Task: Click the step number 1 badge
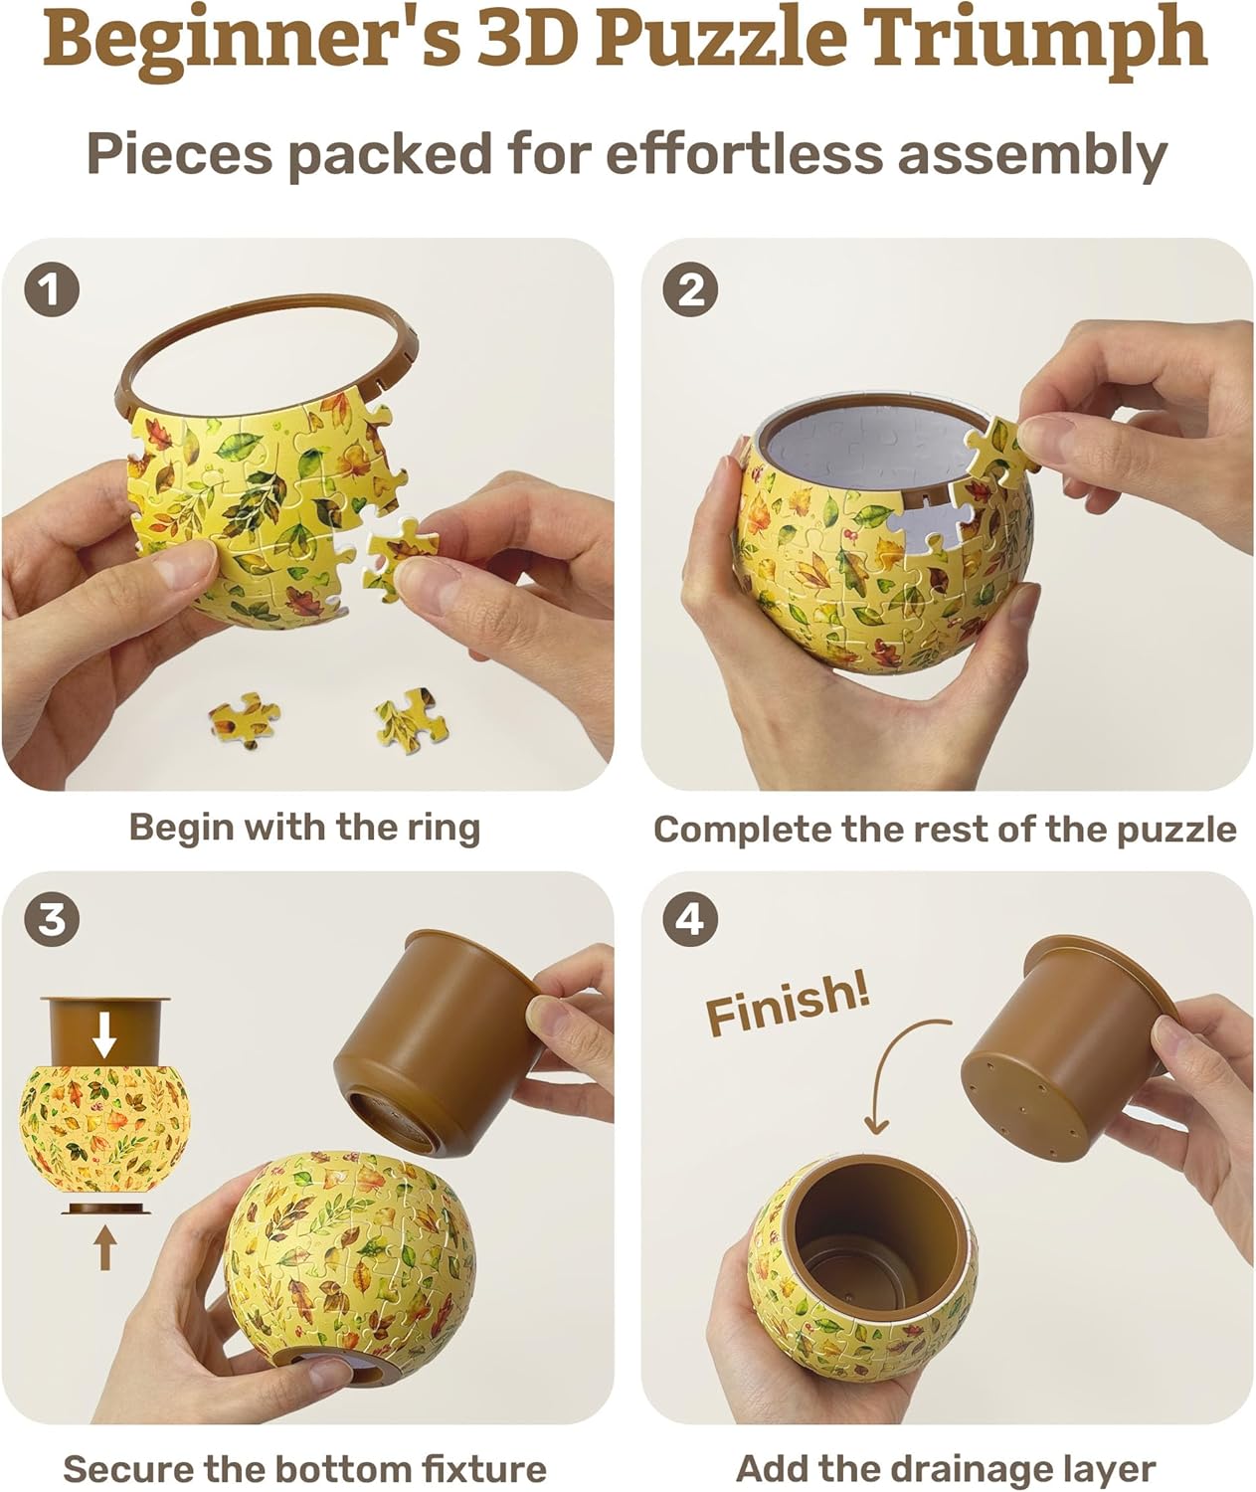click(x=52, y=290)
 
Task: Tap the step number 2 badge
click(x=691, y=290)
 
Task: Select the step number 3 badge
click(x=52, y=919)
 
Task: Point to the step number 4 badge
click(x=691, y=919)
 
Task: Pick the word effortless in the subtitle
click(x=742, y=155)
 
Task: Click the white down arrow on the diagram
click(x=104, y=1040)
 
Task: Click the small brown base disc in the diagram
click(x=105, y=1209)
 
